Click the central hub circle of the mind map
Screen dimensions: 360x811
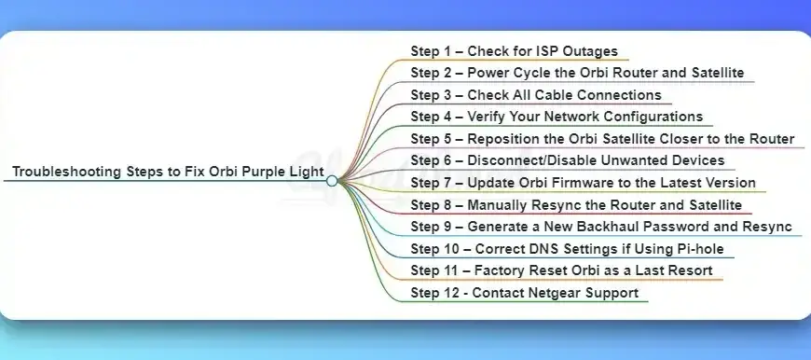click(332, 181)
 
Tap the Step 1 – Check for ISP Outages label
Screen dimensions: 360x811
click(514, 50)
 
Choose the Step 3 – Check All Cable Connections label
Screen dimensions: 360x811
click(536, 95)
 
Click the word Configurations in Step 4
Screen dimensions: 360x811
click(651, 117)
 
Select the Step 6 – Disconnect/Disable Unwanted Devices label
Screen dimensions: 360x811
click(567, 160)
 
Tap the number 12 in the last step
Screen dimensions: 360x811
click(449, 293)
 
